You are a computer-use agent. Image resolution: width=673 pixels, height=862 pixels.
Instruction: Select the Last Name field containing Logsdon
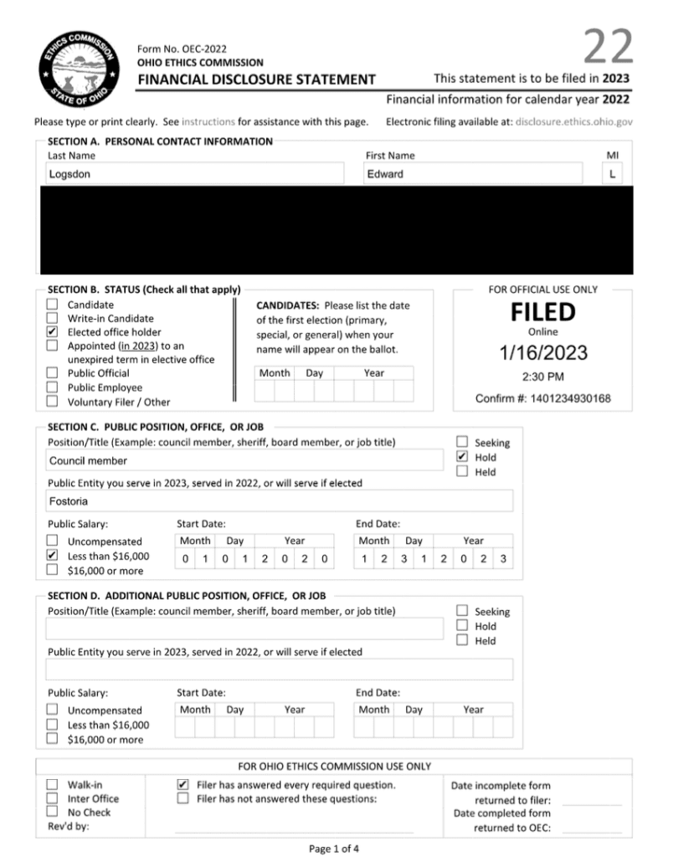(x=195, y=174)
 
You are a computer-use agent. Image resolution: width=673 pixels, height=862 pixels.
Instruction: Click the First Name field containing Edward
(x=472, y=174)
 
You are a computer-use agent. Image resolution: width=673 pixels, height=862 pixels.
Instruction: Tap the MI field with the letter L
(x=612, y=174)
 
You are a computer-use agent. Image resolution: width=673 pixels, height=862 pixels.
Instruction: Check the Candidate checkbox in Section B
(x=52, y=305)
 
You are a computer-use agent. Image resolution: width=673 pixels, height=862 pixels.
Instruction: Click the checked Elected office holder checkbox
(x=52, y=332)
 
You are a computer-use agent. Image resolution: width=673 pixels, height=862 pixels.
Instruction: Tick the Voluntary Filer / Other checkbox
(x=52, y=402)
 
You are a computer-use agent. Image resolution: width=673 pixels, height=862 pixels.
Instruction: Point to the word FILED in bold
(x=543, y=313)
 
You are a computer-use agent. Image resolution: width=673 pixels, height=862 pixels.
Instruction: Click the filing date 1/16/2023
(x=543, y=352)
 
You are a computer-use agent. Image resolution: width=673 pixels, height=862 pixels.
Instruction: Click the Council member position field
(x=244, y=460)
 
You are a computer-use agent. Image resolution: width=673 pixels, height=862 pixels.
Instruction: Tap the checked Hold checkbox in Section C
(x=462, y=457)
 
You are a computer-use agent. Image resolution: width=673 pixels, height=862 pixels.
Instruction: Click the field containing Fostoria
(x=279, y=502)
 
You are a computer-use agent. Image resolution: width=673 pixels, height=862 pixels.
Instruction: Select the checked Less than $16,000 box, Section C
(x=52, y=556)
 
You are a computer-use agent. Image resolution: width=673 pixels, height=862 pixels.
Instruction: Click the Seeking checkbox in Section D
(x=462, y=612)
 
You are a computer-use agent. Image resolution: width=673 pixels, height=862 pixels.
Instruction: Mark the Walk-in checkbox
(x=52, y=785)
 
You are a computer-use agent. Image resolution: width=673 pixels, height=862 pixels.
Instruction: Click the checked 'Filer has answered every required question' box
(x=182, y=785)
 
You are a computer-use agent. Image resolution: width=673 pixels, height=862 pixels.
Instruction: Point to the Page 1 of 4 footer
(x=334, y=849)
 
